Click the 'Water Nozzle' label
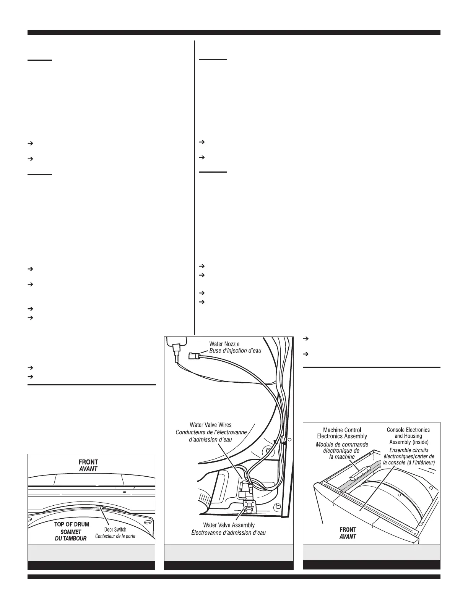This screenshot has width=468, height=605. click(224, 344)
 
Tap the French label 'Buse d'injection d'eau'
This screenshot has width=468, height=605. click(235, 351)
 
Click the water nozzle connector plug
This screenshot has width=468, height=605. click(193, 357)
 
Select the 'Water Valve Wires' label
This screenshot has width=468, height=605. click(210, 425)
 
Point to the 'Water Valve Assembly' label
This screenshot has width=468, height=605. click(229, 525)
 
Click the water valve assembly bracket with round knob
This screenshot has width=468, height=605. click(249, 508)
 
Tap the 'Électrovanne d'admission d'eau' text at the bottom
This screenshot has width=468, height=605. click(228, 532)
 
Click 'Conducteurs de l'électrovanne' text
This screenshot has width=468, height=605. click(211, 432)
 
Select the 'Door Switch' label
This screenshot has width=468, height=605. click(115, 529)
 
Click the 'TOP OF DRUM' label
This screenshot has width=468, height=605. click(72, 524)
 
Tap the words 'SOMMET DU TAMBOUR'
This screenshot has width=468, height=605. click(71, 535)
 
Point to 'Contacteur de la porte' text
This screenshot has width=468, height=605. click(115, 536)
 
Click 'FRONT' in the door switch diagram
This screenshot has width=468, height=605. click(88, 462)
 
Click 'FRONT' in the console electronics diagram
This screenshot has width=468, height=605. click(348, 529)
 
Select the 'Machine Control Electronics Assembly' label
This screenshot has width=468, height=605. click(342, 433)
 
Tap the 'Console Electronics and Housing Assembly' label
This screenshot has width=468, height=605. click(408, 436)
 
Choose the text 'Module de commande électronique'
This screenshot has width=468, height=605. click(342, 447)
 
